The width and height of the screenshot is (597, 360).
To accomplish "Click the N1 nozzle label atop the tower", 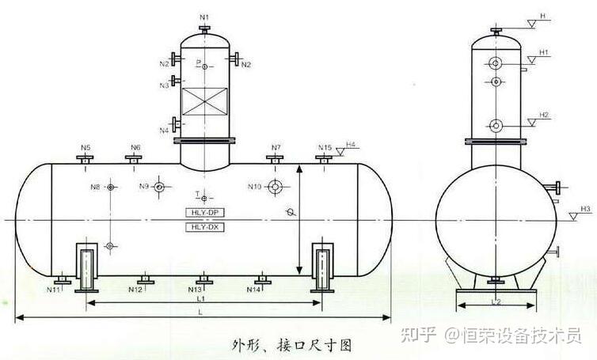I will click(x=205, y=17).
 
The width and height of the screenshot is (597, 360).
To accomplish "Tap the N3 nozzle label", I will click(x=165, y=85).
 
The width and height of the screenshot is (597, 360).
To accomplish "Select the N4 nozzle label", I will click(x=164, y=130).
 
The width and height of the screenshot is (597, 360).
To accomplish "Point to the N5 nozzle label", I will click(x=86, y=148).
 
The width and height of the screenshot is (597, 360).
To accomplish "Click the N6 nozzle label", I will click(x=135, y=148).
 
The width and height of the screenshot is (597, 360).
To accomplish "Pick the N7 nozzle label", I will click(x=276, y=148).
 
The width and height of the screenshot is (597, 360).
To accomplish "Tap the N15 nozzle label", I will click(x=325, y=148).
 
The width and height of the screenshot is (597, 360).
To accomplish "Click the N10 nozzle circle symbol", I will click(x=276, y=187).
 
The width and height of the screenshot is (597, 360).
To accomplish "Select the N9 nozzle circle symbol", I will click(x=160, y=187).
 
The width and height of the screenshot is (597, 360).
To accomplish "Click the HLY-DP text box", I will click(x=205, y=214).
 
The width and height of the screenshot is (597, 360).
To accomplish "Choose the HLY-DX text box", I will click(x=205, y=227).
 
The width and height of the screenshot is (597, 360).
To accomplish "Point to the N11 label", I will click(x=54, y=290).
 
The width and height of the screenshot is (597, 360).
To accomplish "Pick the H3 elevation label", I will click(x=585, y=209).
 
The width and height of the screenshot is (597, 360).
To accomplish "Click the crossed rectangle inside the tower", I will click(x=205, y=103).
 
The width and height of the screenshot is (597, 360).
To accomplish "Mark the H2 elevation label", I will click(x=544, y=116).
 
